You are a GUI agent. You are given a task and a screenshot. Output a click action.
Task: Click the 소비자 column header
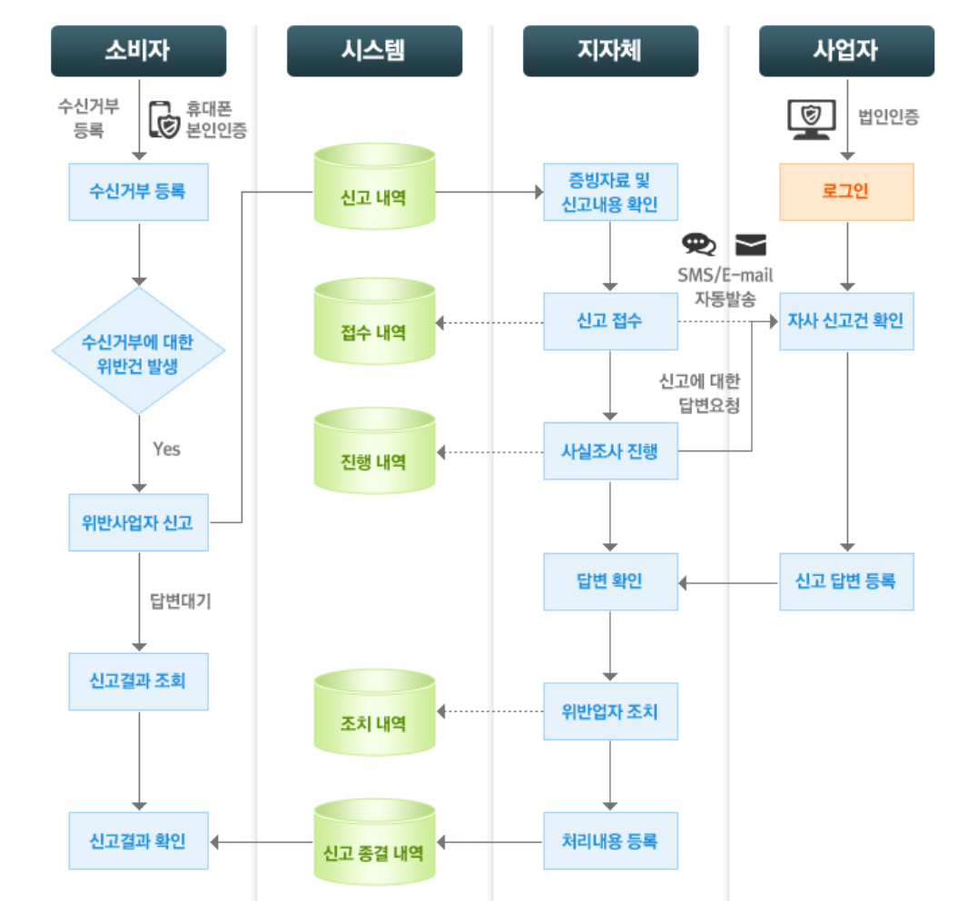(x=138, y=51)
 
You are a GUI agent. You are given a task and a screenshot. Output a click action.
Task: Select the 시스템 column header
(x=374, y=51)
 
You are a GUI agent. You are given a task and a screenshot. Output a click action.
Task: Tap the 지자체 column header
(x=610, y=51)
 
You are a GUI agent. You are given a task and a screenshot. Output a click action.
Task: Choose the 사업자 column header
(x=846, y=51)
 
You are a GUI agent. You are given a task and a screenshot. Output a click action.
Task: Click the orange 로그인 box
(x=846, y=193)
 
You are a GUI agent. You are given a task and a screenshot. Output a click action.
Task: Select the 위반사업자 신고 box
(x=138, y=522)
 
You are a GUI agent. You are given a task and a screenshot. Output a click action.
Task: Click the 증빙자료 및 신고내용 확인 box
(x=610, y=193)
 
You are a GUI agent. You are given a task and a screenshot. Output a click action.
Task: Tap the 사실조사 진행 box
(x=610, y=451)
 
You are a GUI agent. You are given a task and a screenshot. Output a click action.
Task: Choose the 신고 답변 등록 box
(x=846, y=581)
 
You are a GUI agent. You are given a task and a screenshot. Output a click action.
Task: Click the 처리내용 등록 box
(x=610, y=841)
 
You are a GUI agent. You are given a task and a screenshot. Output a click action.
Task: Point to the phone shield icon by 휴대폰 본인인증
(x=163, y=119)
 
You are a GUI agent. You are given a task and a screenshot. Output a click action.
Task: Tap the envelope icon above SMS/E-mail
(x=750, y=244)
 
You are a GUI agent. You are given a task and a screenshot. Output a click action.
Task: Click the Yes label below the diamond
(x=166, y=449)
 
